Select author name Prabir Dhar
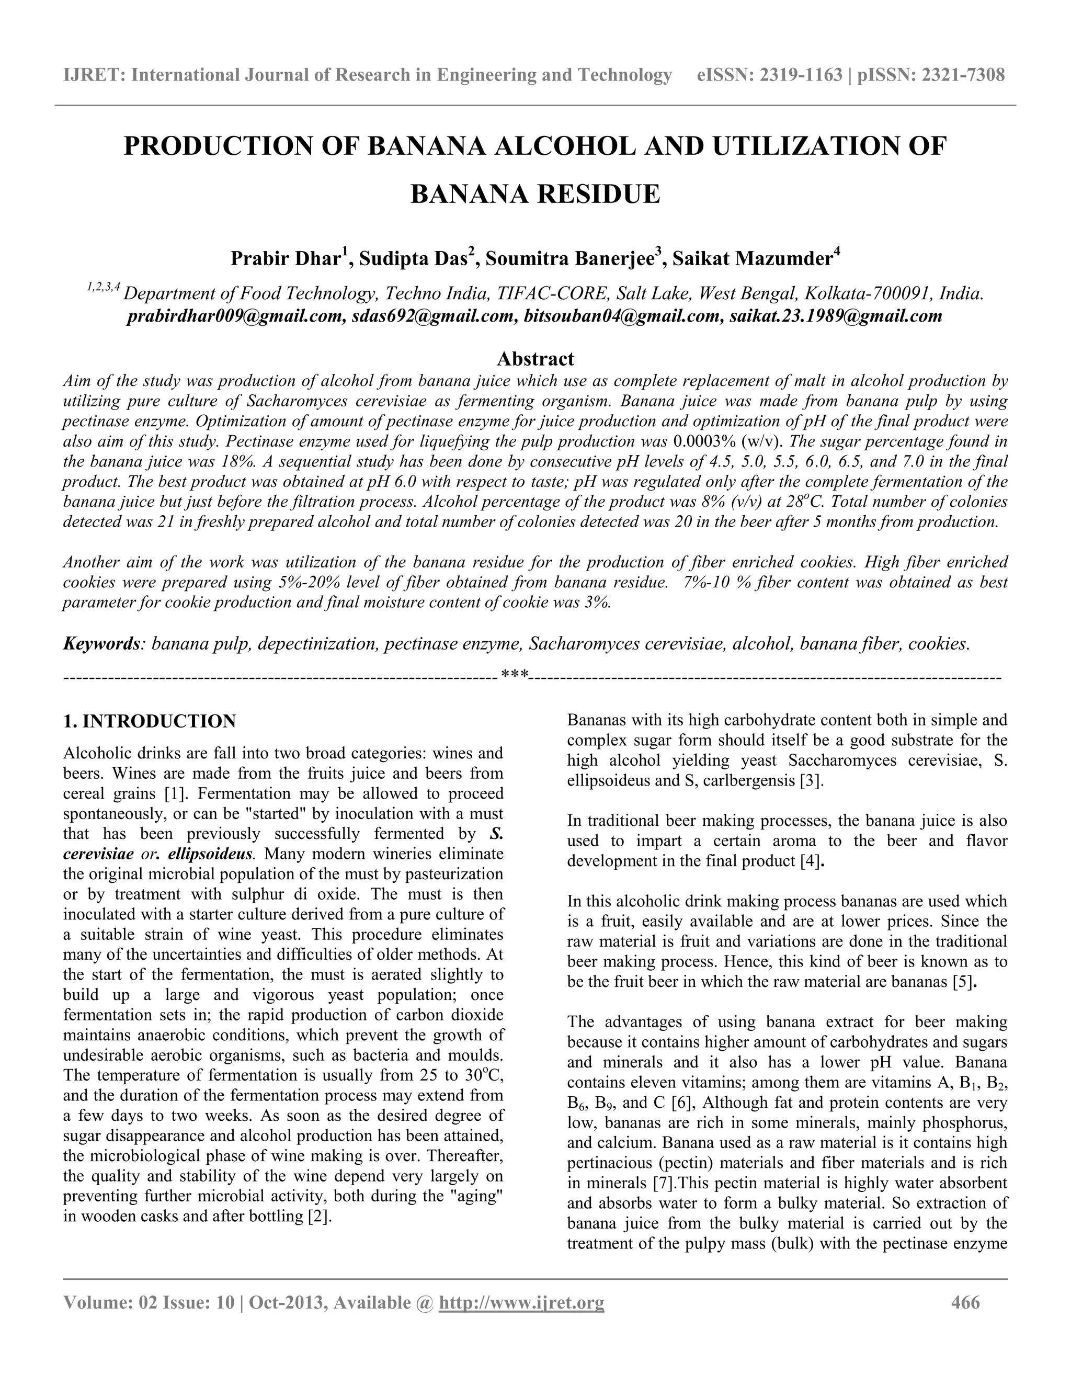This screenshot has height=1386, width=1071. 286,259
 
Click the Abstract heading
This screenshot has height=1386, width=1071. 535,359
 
